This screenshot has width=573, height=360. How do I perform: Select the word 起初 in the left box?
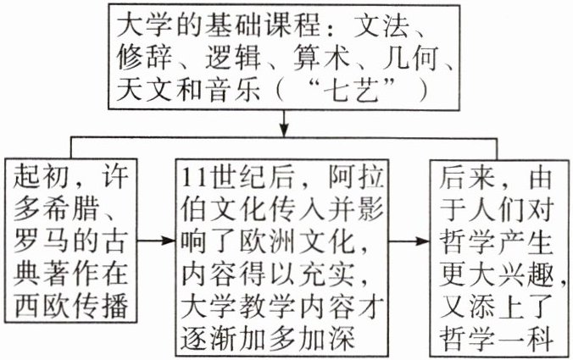coord(42,180)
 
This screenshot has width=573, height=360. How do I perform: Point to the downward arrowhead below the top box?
coord(286,130)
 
